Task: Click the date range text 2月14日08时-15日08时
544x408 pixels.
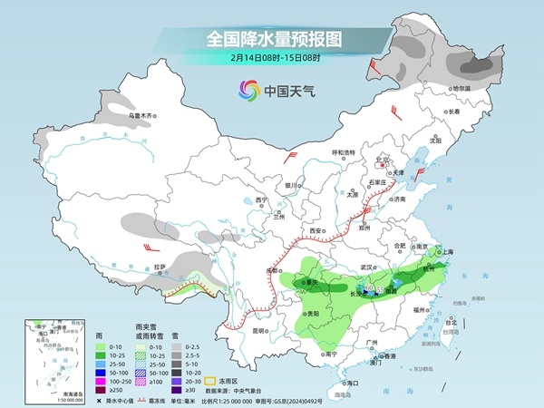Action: [x=271, y=59]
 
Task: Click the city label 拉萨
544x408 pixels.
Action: [x=160, y=267]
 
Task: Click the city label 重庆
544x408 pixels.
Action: [x=312, y=282]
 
